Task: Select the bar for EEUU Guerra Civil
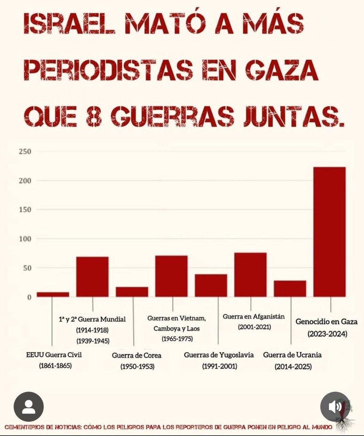point(53,294)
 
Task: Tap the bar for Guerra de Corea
point(132,292)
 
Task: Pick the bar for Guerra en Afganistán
point(250,275)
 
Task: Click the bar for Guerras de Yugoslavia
point(211,285)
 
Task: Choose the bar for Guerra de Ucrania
point(290,288)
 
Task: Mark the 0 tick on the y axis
point(29,297)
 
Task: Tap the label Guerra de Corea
point(137,355)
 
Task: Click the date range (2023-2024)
point(327,333)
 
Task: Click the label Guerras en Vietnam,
point(177,319)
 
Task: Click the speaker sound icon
point(335,407)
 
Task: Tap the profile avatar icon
point(29,407)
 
